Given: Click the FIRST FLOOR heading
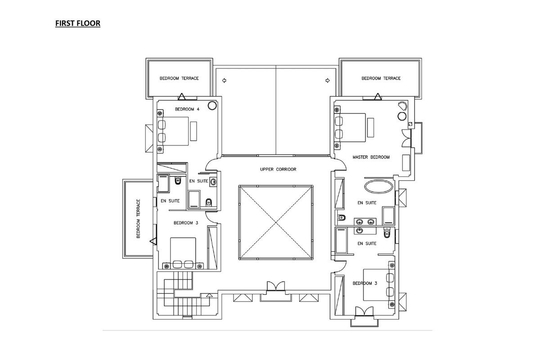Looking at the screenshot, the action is (77, 23).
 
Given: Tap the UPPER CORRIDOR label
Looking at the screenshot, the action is (278, 169).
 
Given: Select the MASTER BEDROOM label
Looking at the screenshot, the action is (371, 157).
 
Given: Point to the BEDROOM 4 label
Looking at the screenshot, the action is (187, 109).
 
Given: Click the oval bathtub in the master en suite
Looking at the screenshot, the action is (378, 186).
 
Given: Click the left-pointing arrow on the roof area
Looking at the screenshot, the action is (224, 81).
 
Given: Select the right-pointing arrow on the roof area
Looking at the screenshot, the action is (328, 81).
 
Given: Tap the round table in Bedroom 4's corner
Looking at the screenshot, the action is (212, 106).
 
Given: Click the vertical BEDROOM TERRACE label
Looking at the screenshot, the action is (139, 218).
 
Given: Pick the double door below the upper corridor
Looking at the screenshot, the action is (276, 286).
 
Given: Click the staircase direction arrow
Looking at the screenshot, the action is (209, 295).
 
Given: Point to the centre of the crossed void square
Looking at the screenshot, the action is (276, 222).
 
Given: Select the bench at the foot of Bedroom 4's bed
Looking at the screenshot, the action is (193, 131).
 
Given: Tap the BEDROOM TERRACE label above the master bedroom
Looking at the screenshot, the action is (381, 78).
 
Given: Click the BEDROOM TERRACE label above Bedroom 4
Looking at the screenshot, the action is (179, 78).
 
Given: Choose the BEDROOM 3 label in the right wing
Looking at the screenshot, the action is (365, 283).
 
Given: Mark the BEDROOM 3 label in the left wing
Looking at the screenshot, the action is (186, 223).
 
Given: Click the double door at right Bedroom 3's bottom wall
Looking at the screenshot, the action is (364, 311).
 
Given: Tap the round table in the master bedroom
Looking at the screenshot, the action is (402, 116).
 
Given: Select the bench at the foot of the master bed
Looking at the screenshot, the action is (370, 127).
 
